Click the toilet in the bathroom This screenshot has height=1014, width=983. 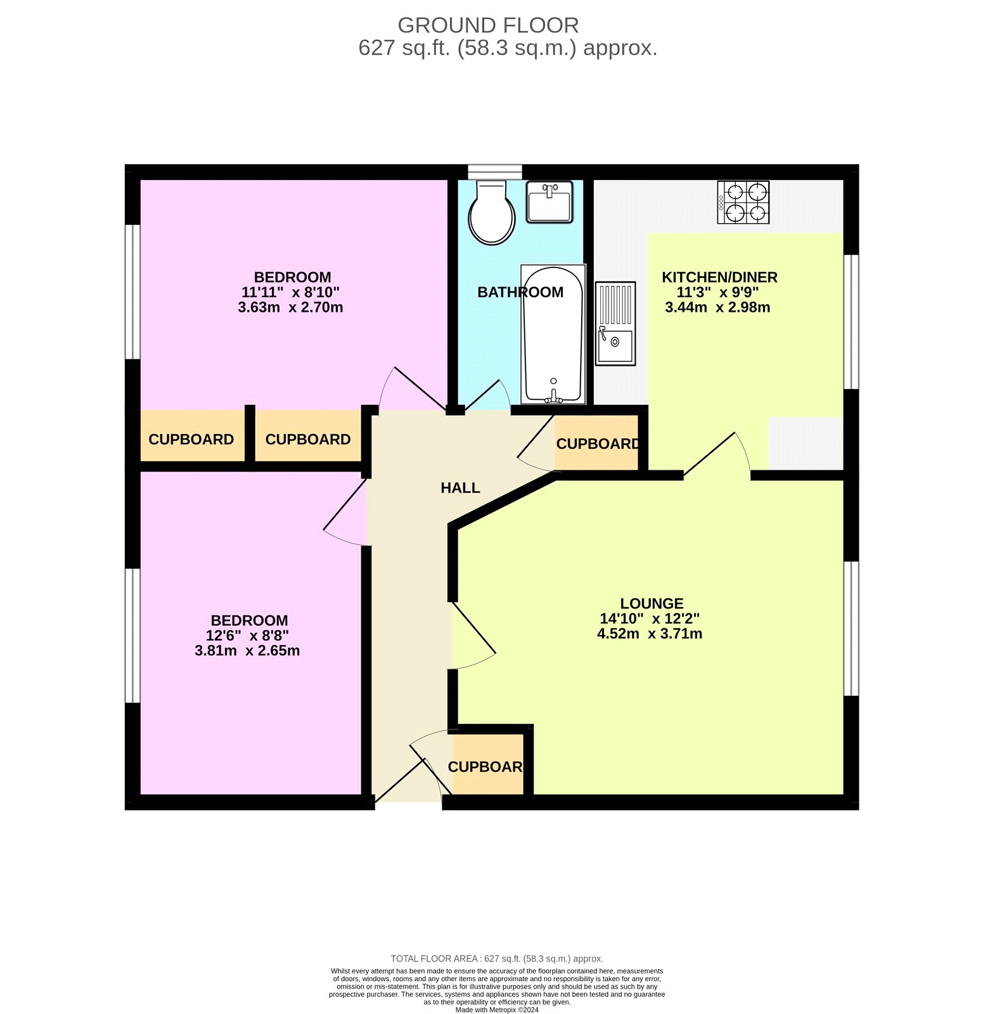(x=491, y=214)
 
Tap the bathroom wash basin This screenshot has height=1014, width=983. (x=549, y=202)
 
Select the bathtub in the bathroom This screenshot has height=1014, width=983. (x=553, y=334)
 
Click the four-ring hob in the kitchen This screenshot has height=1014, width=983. (x=743, y=202)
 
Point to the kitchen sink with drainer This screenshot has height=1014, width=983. (x=615, y=324)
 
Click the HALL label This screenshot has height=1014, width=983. (x=460, y=488)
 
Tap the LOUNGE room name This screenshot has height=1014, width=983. (x=652, y=604)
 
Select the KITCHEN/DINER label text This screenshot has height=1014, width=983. (x=719, y=277)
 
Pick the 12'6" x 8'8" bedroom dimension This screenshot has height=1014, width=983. (x=247, y=636)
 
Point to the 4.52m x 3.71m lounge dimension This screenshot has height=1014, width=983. (x=650, y=634)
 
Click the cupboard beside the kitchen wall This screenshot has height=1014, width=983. (x=596, y=444)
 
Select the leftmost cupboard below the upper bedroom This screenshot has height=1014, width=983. (x=191, y=439)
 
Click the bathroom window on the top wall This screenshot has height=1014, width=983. (x=494, y=172)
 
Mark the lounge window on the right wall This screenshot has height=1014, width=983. (x=851, y=628)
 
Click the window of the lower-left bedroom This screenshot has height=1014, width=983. (x=132, y=636)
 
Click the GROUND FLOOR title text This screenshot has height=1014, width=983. (x=488, y=25)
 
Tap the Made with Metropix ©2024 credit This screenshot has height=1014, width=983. (x=497, y=1010)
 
